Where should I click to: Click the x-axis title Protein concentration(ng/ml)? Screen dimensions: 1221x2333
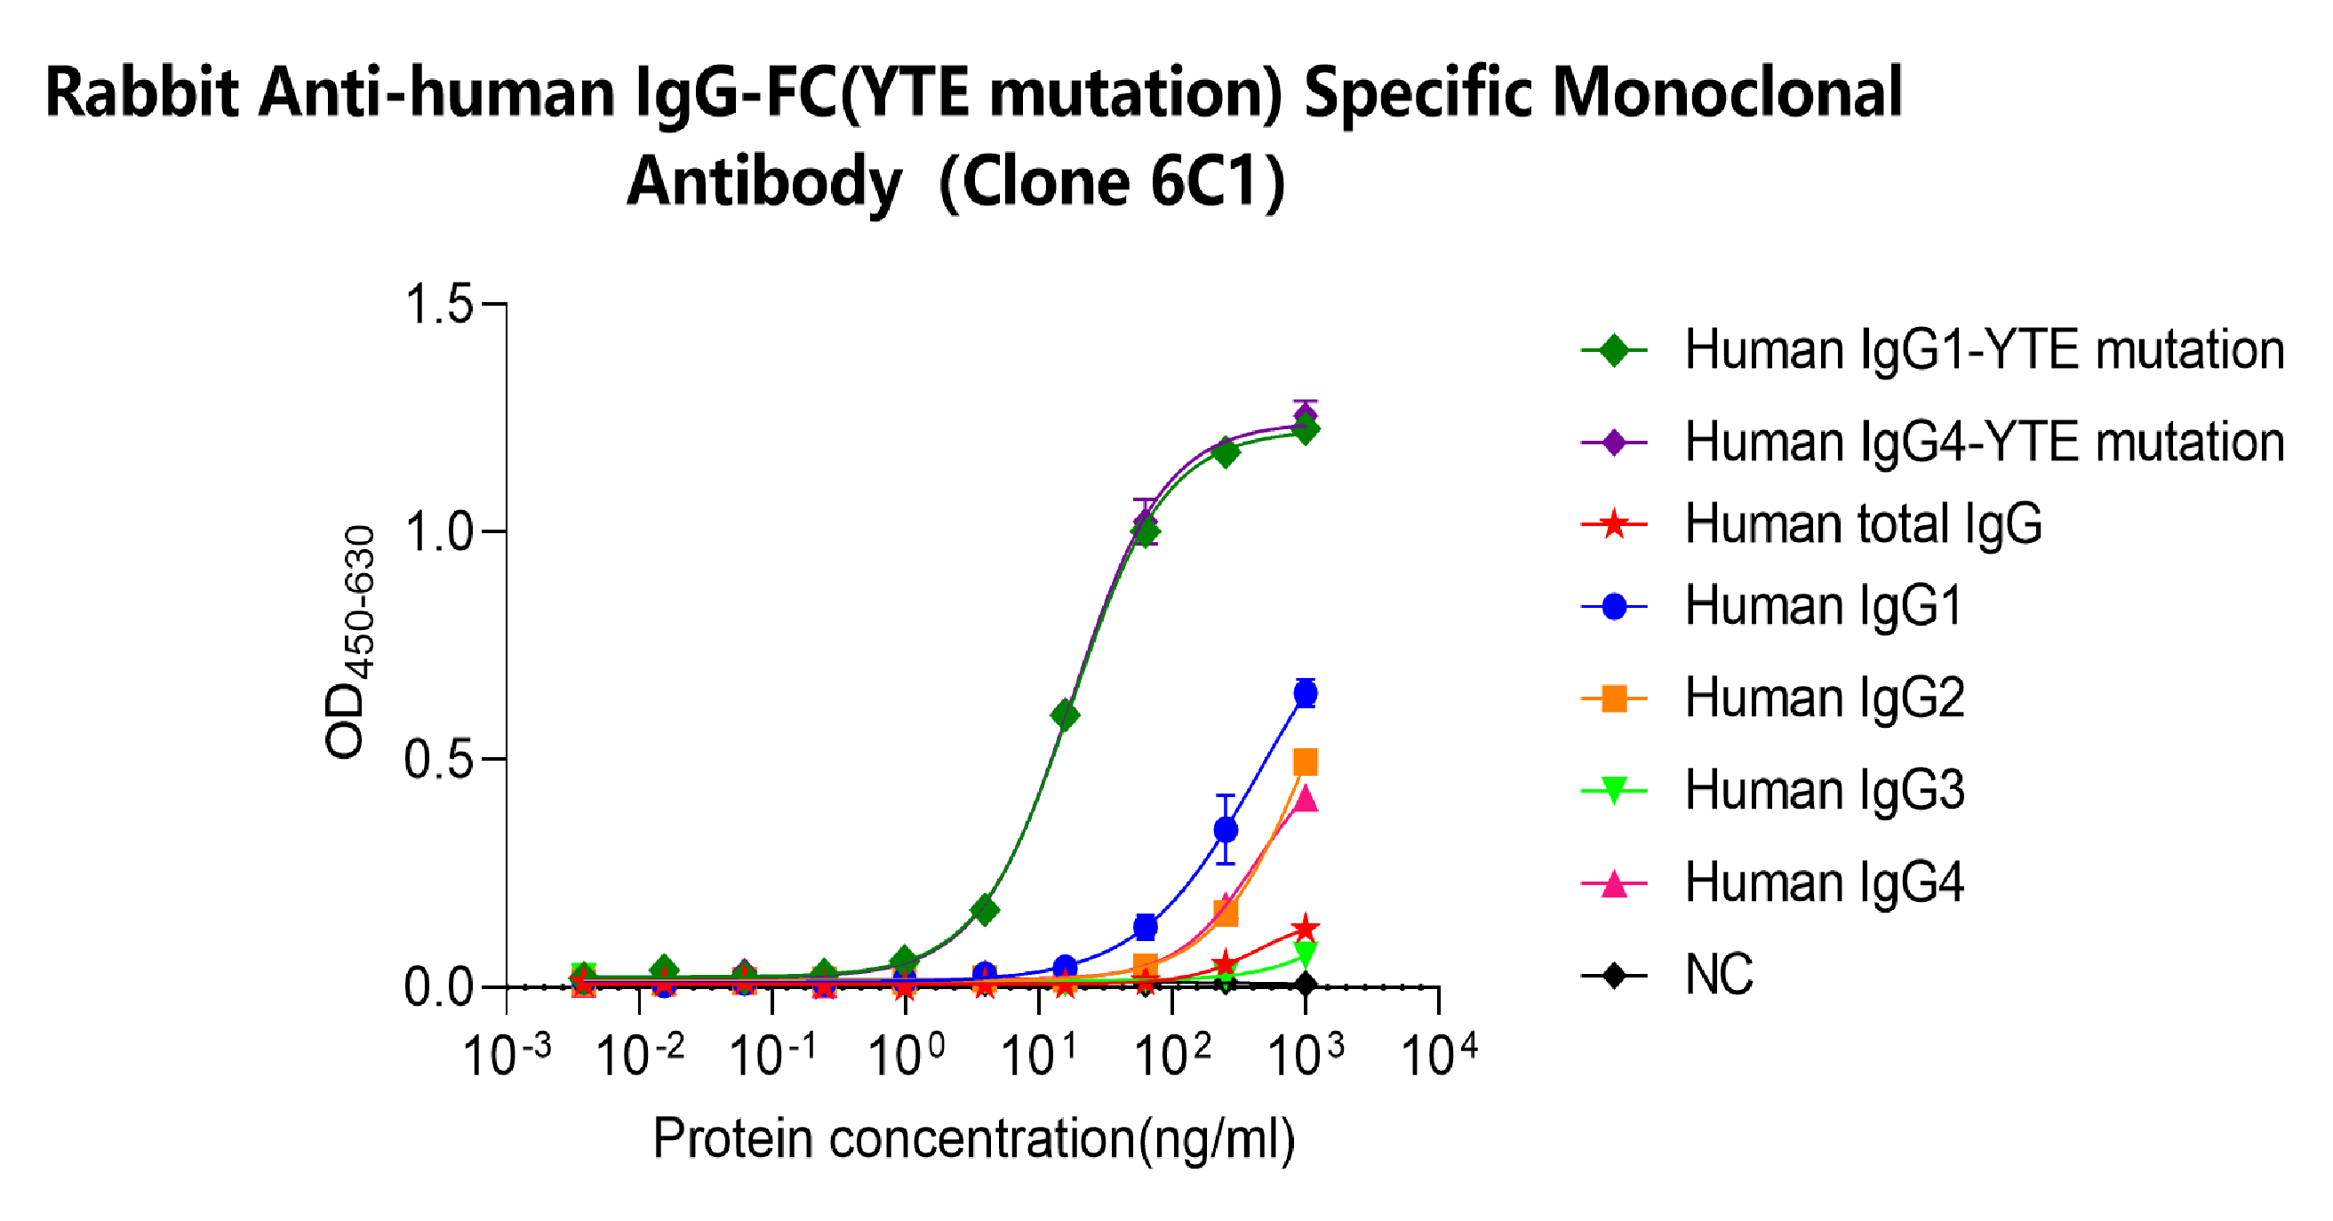[973, 1138]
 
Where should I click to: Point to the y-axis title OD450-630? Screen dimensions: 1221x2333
[349, 642]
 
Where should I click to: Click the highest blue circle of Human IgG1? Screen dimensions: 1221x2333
[1305, 694]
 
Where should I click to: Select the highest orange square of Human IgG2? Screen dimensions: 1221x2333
[1305, 762]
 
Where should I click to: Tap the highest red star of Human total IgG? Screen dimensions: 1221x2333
[1305, 929]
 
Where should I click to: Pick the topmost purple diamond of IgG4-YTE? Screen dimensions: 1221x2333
[1305, 417]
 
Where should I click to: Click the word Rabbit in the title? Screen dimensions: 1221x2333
[141, 93]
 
